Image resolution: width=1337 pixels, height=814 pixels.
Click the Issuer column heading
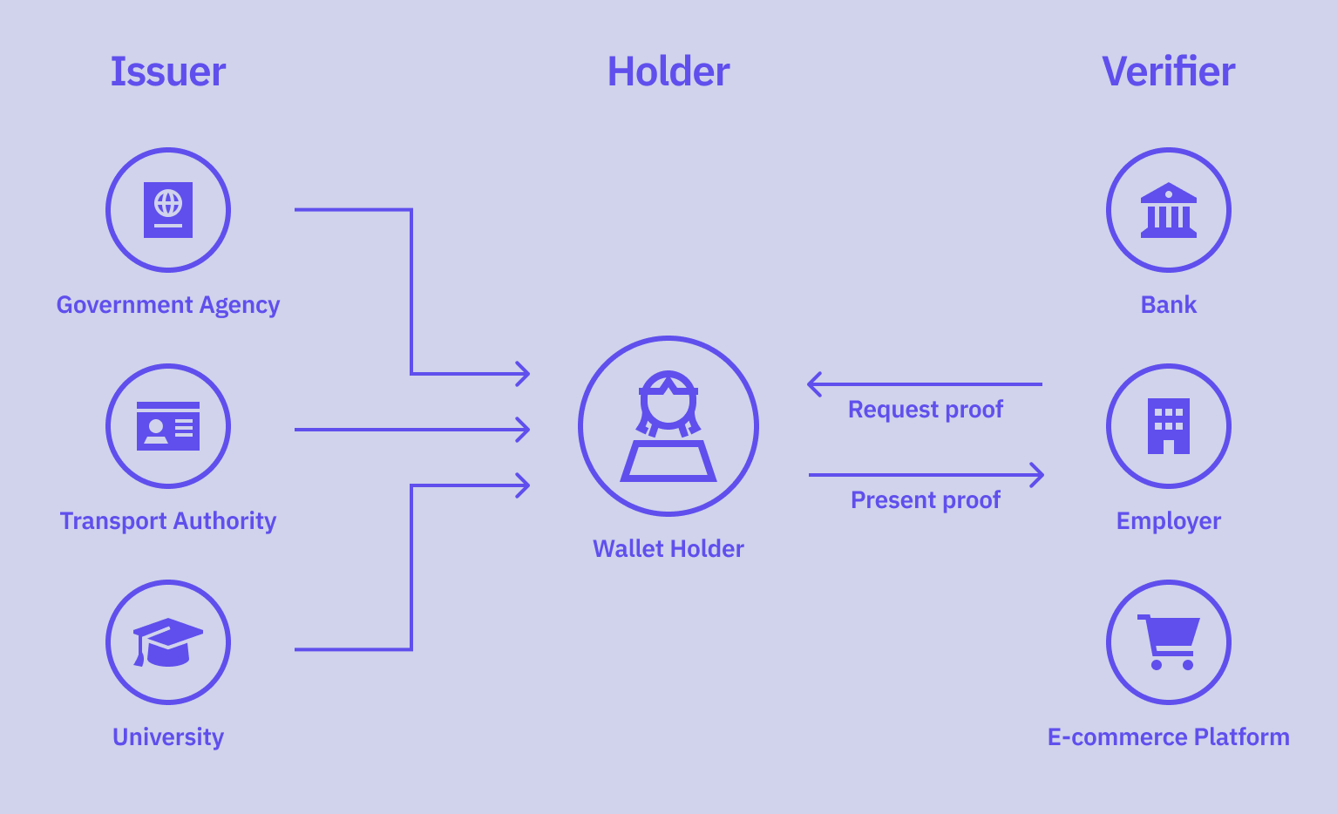[x=168, y=71]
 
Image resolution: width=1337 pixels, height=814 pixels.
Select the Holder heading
[x=668, y=71]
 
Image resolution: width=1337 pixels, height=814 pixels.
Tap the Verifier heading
[x=1168, y=71]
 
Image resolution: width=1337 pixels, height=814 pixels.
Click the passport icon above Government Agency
[x=168, y=210]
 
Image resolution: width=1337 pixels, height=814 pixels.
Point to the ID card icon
[x=168, y=426]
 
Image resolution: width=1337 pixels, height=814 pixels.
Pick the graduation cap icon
[x=167, y=642]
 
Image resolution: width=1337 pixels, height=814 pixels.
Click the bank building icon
[x=1169, y=210]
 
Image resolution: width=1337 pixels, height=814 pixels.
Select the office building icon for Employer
[x=1169, y=426]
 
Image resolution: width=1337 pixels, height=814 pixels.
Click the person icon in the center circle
[x=668, y=426]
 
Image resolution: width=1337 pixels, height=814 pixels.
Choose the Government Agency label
[x=168, y=305]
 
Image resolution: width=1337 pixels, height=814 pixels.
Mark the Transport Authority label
[x=168, y=521]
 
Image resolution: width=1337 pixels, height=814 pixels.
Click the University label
[x=168, y=737]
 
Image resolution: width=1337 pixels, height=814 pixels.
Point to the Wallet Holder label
[x=668, y=549]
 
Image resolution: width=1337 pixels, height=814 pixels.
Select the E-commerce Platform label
[x=1168, y=737]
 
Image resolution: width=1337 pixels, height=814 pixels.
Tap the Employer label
[x=1169, y=521]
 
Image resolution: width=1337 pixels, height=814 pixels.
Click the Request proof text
[x=926, y=410]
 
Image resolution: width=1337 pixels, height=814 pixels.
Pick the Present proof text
[x=926, y=500]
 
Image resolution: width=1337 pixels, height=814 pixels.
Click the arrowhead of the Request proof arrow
[x=812, y=383]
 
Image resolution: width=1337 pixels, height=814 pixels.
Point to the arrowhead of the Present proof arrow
[x=1039, y=475]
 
